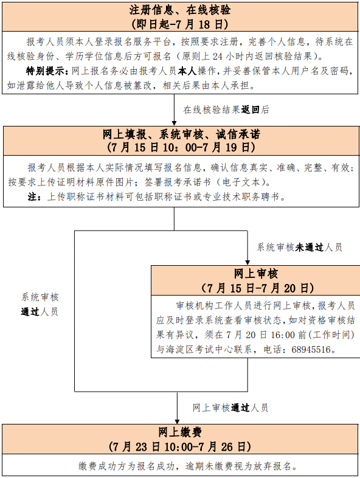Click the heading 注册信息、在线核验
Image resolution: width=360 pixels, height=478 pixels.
click(180, 10)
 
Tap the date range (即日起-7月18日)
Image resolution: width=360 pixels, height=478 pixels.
click(180, 24)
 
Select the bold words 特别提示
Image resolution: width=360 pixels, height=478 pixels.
click(45, 71)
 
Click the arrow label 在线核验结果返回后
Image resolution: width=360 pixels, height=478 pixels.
click(226, 109)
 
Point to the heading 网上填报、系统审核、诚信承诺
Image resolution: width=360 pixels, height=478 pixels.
click(181, 134)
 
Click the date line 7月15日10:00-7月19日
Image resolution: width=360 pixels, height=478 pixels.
click(181, 148)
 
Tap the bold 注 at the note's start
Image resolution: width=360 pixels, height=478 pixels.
click(32, 196)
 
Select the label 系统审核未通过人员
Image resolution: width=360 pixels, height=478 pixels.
click(299, 248)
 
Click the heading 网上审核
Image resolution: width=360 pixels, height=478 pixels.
click(256, 274)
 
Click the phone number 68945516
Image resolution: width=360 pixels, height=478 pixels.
click(311, 349)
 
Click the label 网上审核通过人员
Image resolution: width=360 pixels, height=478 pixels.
click(230, 407)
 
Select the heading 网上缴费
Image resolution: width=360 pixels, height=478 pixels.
click(180, 432)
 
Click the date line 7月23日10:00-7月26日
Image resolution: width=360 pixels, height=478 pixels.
click(180, 447)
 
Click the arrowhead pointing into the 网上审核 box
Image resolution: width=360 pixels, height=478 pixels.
click(247, 263)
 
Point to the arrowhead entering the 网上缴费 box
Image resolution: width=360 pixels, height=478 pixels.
click(177, 421)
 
